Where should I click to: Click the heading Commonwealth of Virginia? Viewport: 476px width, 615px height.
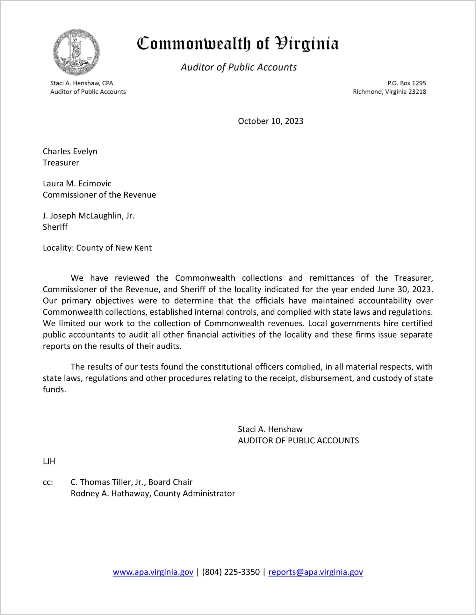[238, 44]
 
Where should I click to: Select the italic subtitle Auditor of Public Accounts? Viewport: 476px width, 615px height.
[239, 67]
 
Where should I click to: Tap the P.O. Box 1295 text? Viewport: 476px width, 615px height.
[407, 83]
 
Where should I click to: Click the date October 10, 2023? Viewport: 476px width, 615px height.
[270, 121]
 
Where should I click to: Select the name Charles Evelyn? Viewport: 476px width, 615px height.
[70, 151]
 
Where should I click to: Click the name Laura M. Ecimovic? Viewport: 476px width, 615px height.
[77, 183]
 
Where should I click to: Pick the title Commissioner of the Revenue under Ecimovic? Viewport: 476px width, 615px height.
[99, 195]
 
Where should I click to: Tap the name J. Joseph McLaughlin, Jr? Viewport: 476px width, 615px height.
[89, 216]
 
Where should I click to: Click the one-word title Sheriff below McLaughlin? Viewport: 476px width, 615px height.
[55, 227]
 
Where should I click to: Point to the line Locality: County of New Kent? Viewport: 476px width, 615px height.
[97, 248]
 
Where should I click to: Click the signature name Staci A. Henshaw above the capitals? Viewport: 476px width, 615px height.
[270, 429]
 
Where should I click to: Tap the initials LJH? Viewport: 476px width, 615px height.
[49, 461]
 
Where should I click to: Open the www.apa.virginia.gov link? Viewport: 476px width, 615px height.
[153, 572]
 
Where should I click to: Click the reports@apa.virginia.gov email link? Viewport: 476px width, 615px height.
[315, 572]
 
